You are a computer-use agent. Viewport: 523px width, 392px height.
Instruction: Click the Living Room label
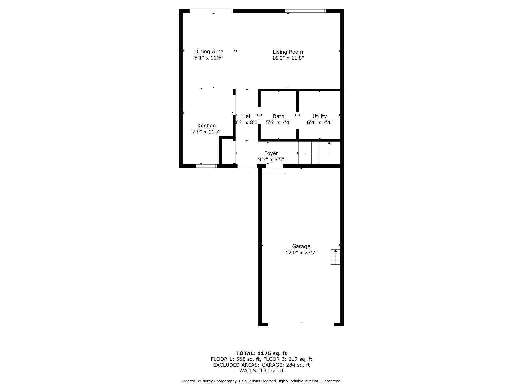288,52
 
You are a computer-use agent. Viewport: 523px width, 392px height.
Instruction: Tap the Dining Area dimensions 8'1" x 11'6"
209,58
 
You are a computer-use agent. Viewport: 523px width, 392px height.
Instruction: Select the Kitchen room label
206,126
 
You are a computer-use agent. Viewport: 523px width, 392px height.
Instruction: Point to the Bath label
278,116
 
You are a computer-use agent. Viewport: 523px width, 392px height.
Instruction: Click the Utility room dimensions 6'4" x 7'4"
319,123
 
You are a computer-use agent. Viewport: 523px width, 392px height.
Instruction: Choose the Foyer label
271,153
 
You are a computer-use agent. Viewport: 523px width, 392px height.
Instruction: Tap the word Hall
247,116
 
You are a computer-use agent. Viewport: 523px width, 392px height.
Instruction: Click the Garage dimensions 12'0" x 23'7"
301,253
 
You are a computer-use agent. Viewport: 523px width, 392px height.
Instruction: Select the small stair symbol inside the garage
335,257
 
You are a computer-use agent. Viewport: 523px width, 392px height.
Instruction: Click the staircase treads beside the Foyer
308,153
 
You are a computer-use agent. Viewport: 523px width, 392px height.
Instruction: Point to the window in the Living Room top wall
306,11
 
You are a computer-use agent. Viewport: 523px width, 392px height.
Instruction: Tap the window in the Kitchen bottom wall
206,166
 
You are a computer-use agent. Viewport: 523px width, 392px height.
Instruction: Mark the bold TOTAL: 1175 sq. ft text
261,353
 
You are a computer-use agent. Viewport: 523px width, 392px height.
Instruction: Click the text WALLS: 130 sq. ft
261,371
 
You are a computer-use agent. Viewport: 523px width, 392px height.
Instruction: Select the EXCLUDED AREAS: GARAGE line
261,365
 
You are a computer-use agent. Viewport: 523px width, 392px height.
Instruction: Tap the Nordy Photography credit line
261,381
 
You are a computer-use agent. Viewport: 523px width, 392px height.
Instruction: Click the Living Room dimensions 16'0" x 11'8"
288,58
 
